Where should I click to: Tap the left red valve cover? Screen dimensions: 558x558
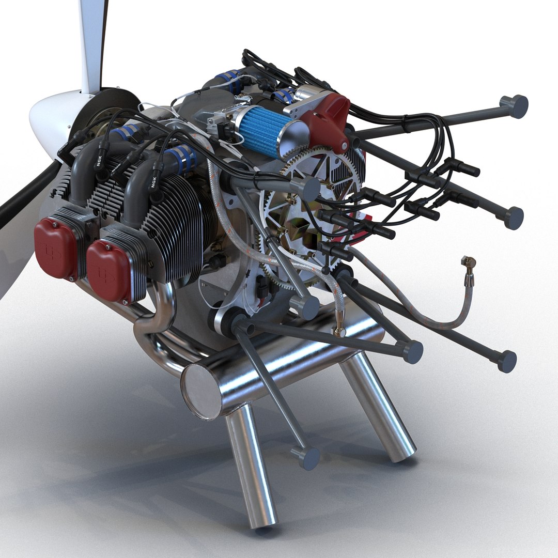click(x=55, y=248)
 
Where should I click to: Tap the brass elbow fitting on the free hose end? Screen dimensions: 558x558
click(x=469, y=267)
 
